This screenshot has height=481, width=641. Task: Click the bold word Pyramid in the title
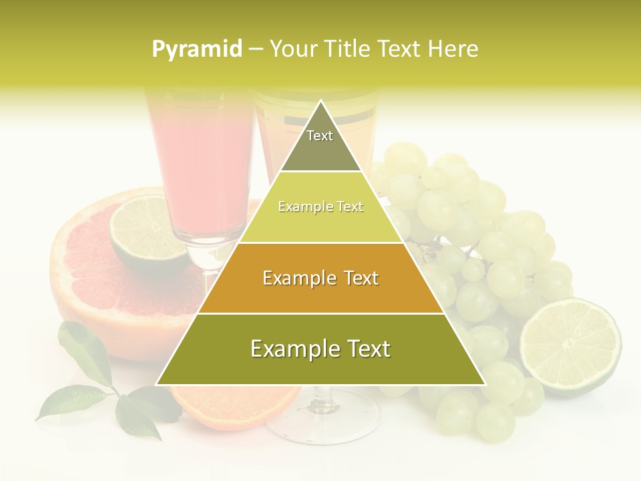click(x=197, y=49)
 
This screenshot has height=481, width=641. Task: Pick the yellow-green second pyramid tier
click(x=320, y=207)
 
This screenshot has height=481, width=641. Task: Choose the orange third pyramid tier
click(x=320, y=278)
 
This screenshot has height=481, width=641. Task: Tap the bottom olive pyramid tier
click(x=320, y=349)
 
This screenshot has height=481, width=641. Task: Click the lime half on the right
click(x=570, y=346)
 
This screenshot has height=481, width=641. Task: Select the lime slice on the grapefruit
click(x=147, y=234)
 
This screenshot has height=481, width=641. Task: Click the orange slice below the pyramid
click(x=234, y=404)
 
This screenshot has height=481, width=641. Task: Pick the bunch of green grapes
click(x=481, y=267)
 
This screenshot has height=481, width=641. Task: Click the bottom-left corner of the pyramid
click(x=157, y=384)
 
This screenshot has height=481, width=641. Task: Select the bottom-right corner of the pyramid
click(x=485, y=384)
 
